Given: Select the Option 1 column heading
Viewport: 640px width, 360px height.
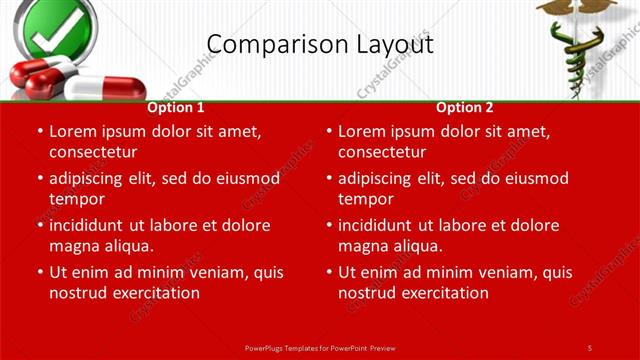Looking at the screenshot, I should tap(176, 107).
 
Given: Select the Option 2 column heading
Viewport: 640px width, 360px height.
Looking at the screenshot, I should tap(465, 107).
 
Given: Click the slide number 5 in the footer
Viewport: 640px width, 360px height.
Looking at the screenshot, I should tap(590, 347).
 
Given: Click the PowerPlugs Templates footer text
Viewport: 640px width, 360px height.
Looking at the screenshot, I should tap(320, 347).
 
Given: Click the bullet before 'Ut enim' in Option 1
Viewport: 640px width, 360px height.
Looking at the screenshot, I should tap(39, 272).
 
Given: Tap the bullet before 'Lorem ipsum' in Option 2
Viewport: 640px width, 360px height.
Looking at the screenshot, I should tap(328, 131).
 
